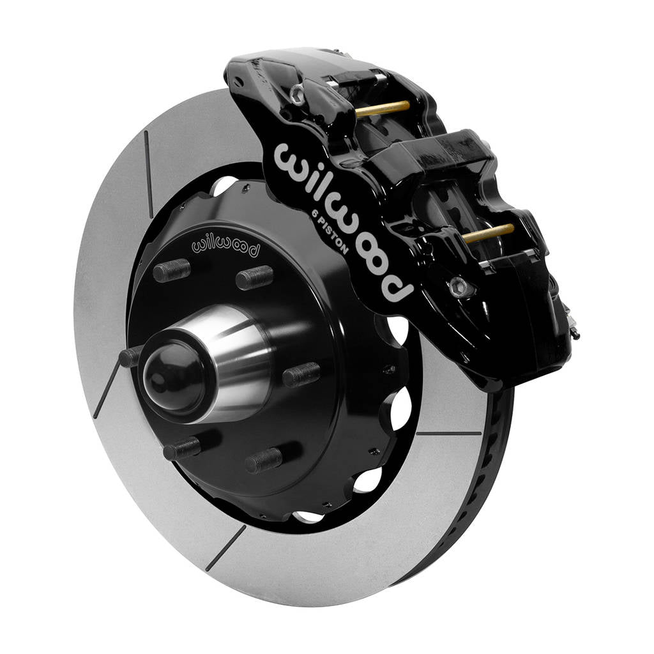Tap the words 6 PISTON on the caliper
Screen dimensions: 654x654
330,232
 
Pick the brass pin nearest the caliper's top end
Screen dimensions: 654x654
382,109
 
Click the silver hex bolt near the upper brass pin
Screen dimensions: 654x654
297,93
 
